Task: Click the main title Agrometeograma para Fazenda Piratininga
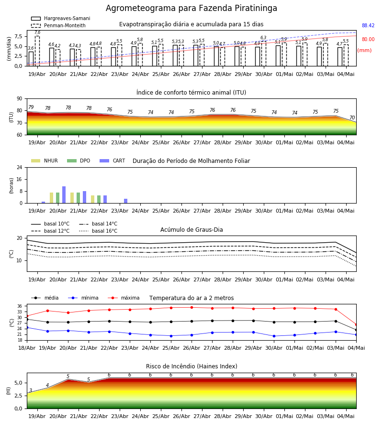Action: click(x=191, y=8)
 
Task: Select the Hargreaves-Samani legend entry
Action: click(x=60, y=18)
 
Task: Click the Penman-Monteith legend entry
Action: click(x=58, y=25)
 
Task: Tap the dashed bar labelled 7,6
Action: click(x=37, y=51)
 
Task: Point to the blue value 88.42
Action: click(x=368, y=25)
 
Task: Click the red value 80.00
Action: click(x=368, y=39)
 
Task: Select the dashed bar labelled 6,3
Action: click(x=263, y=54)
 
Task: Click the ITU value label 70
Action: click(x=352, y=118)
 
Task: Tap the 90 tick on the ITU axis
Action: click(x=20, y=99)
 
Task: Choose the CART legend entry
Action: click(x=113, y=161)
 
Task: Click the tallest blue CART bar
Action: click(x=64, y=195)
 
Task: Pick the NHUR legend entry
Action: click(x=45, y=161)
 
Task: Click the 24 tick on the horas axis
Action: click(x=20, y=167)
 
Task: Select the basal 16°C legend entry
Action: click(x=98, y=231)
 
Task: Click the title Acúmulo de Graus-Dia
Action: click(x=191, y=229)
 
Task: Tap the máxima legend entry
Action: click(x=124, y=298)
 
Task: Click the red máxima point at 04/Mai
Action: click(x=356, y=325)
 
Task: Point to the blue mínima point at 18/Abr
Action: click(x=27, y=327)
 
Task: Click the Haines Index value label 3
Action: click(x=31, y=390)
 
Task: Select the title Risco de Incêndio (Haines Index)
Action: click(x=191, y=366)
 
